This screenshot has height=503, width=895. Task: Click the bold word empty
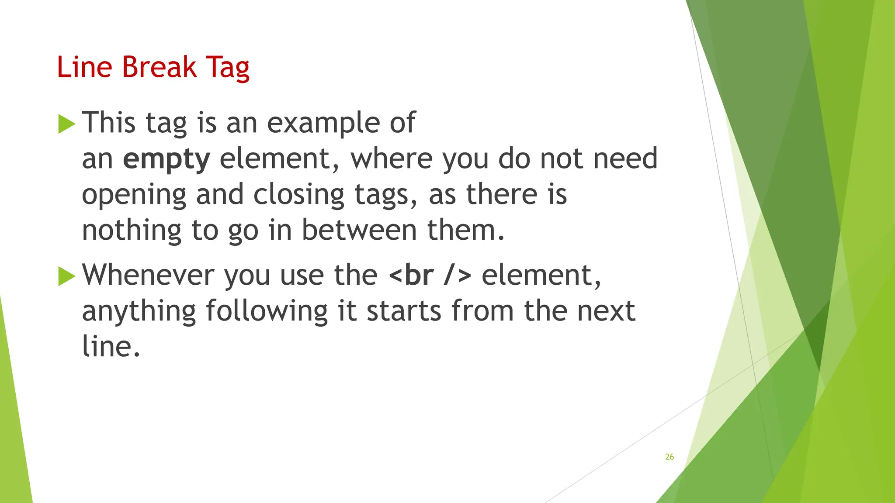tap(167, 159)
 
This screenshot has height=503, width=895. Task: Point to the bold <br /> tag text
tap(430, 275)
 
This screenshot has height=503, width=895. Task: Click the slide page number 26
tap(670, 457)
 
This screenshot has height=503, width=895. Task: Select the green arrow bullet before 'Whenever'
tap(66, 276)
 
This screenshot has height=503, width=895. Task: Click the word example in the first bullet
tap(323, 123)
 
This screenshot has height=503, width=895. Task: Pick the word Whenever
tap(148, 275)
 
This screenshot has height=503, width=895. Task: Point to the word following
tap(267, 311)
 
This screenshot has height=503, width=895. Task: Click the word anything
tap(139, 312)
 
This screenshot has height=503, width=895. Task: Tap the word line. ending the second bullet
tap(111, 347)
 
